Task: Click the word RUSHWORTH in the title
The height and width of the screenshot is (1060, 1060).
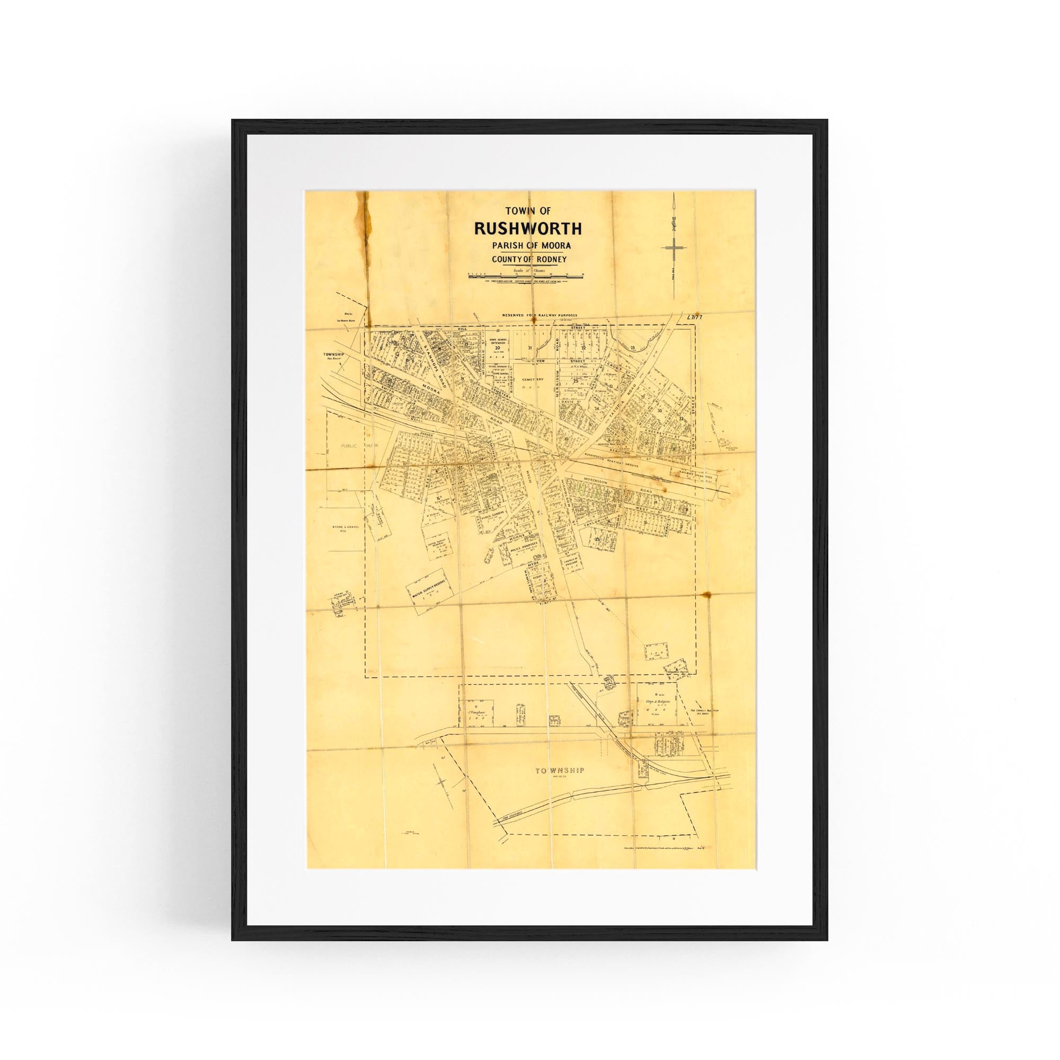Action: [x=520, y=228]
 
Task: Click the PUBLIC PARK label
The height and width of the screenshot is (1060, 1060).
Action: [x=351, y=446]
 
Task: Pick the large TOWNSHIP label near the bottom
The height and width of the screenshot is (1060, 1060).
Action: [x=560, y=770]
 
